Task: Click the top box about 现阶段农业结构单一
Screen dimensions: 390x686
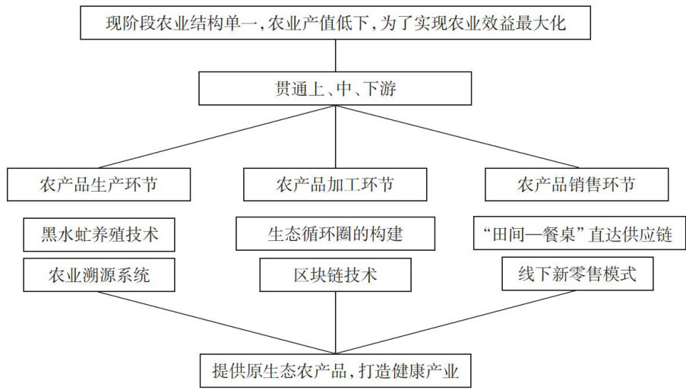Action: tap(335, 23)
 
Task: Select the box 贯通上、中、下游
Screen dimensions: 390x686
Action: tap(335, 89)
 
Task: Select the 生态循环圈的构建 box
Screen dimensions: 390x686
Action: tap(335, 234)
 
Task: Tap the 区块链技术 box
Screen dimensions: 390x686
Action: tap(335, 274)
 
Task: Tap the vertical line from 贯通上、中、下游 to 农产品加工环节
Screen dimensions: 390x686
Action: tap(335, 137)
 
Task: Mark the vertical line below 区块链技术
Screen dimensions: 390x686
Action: tap(335, 323)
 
